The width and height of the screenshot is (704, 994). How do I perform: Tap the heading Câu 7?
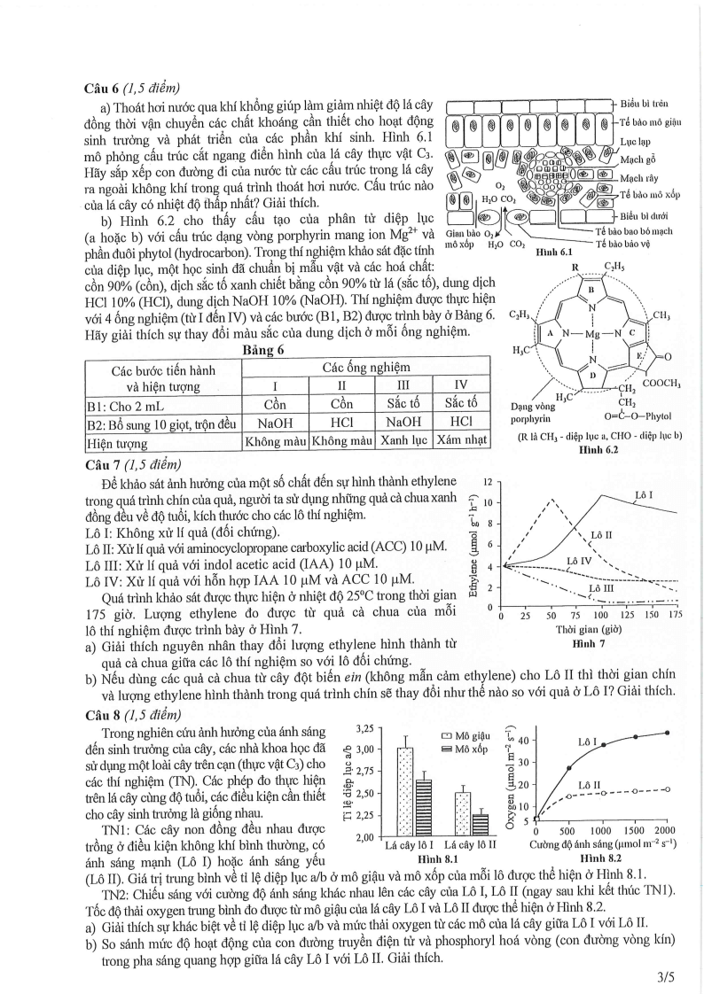(x=105, y=462)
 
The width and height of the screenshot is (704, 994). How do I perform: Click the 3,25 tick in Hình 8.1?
(x=364, y=728)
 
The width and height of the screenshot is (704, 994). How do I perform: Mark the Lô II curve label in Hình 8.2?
(x=590, y=785)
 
